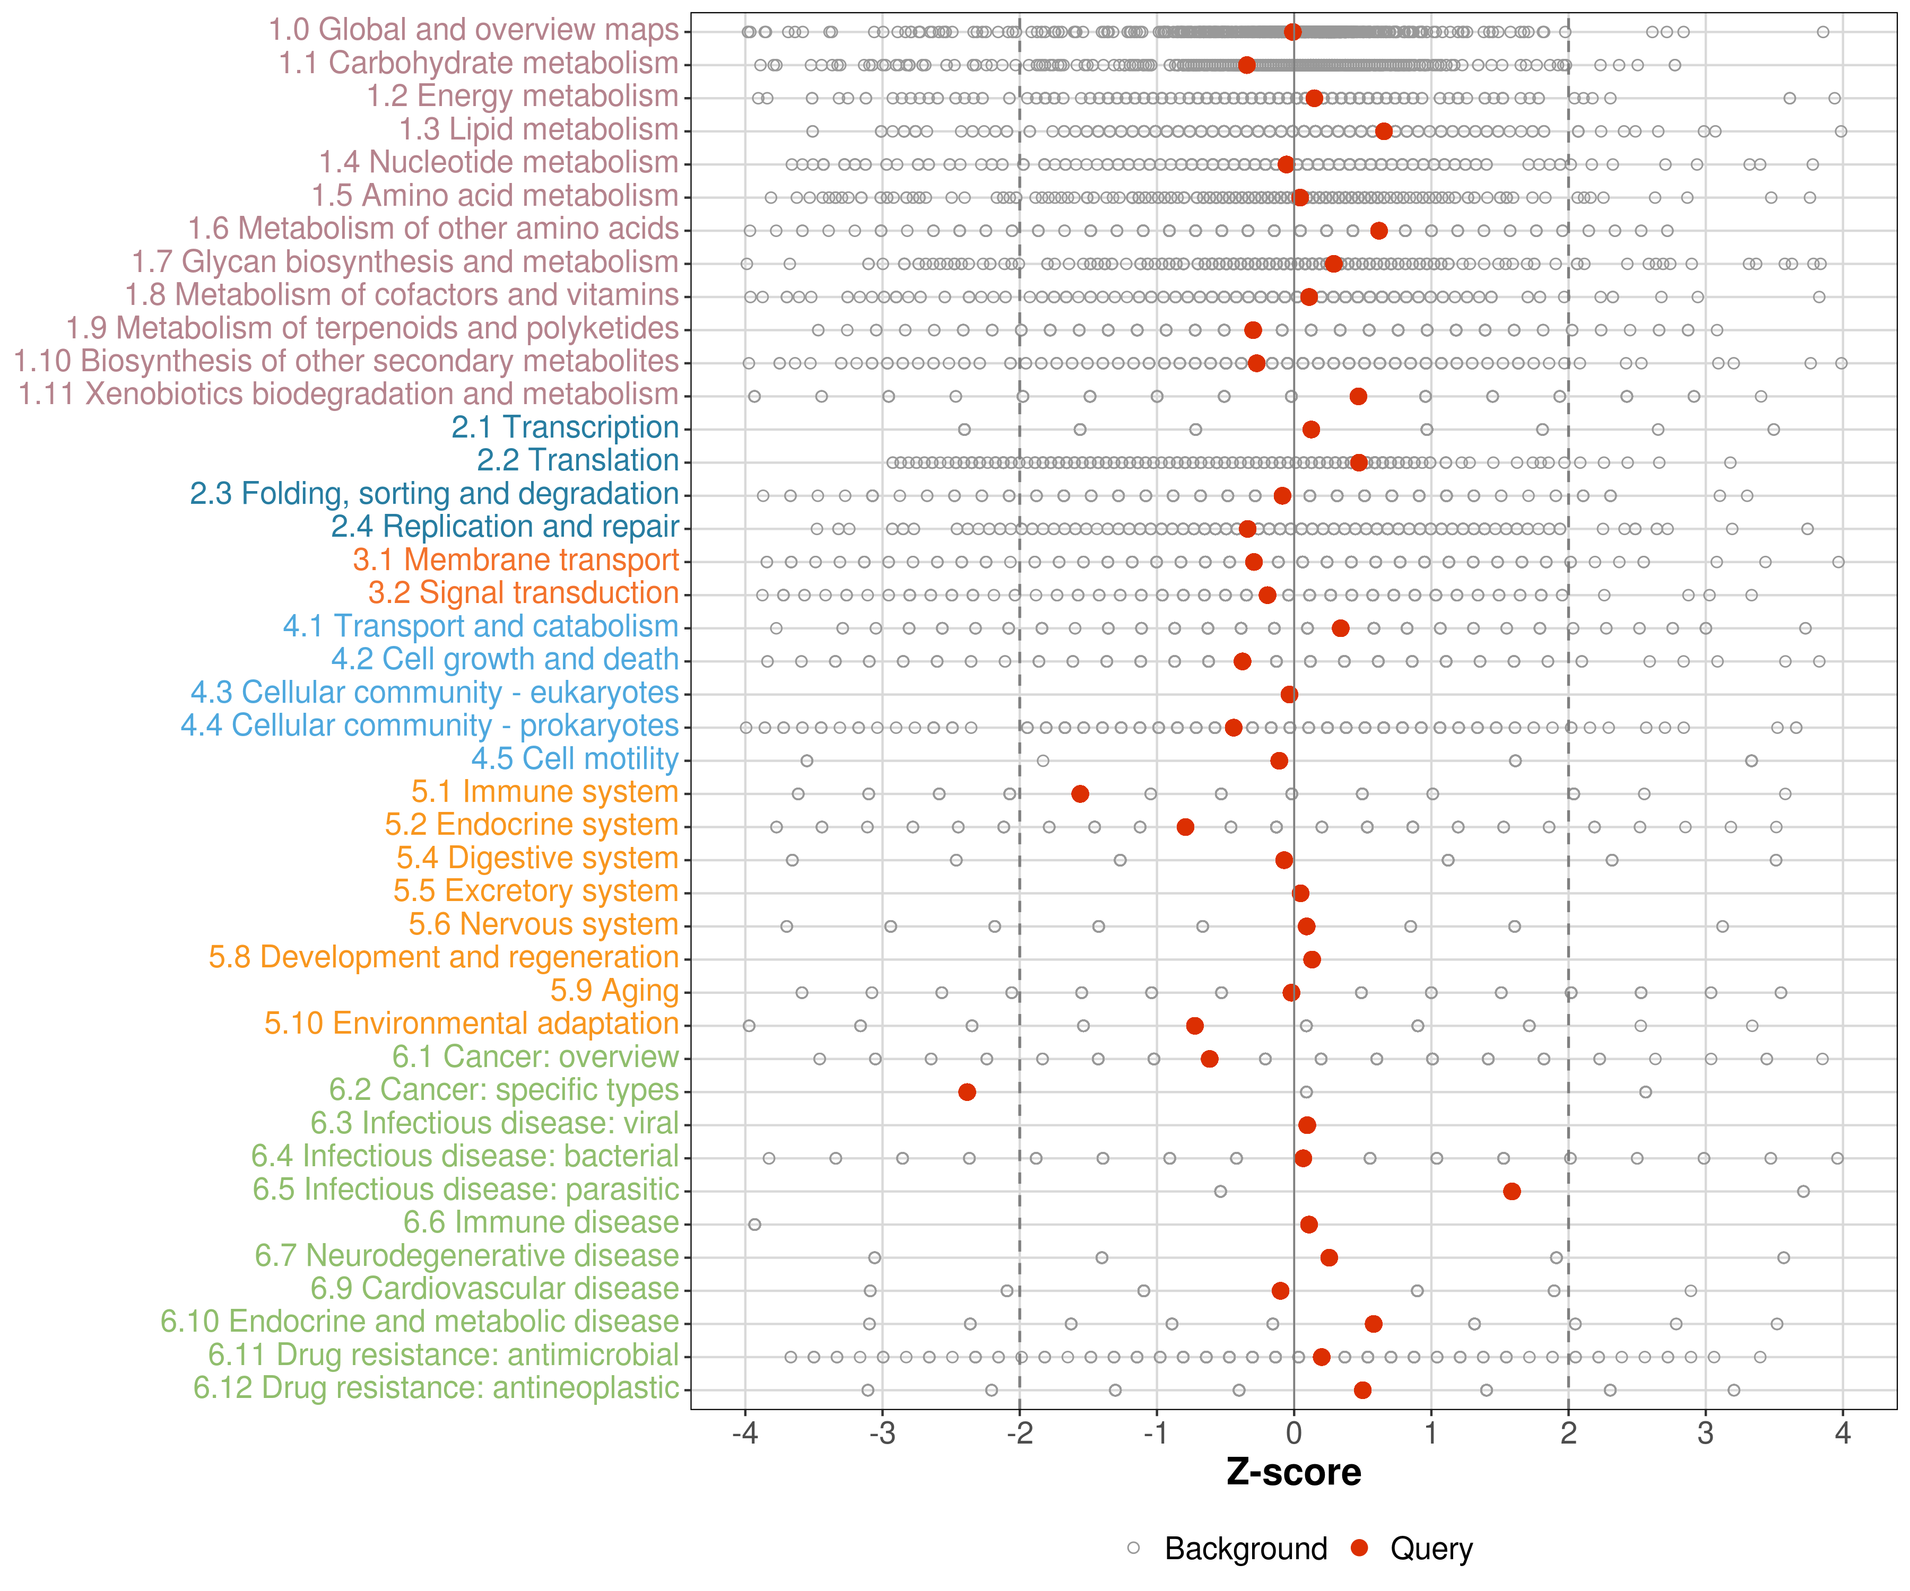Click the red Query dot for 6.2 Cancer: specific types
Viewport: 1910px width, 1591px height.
pyautogui.click(x=967, y=1092)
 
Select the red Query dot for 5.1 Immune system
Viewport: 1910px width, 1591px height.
pyautogui.click(x=1080, y=794)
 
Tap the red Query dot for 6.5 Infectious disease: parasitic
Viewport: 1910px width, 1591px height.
pyautogui.click(x=1512, y=1191)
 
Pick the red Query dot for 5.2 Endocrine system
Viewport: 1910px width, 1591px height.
pyautogui.click(x=1185, y=826)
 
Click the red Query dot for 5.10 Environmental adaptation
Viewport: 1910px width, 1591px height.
pyautogui.click(x=1195, y=1026)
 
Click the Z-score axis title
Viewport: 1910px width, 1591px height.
pyautogui.click(x=1293, y=1473)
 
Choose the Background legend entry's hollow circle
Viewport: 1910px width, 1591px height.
pyautogui.click(x=1133, y=1548)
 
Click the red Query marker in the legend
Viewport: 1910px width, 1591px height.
pyautogui.click(x=1360, y=1548)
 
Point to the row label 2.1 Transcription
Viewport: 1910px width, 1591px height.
pyautogui.click(x=565, y=427)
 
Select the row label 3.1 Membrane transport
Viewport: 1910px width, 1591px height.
pyautogui.click(x=516, y=560)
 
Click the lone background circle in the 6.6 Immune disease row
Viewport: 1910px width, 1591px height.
pyautogui.click(x=754, y=1225)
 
